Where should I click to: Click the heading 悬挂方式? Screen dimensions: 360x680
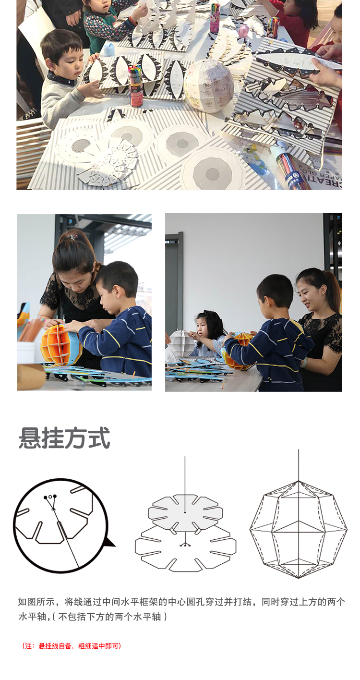[x=64, y=437]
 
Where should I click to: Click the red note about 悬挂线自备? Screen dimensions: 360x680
[x=72, y=646]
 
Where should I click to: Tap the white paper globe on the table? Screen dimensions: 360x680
[x=208, y=85]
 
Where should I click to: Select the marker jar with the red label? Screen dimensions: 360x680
[x=136, y=86]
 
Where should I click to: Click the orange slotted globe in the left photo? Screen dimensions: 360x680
[x=60, y=344]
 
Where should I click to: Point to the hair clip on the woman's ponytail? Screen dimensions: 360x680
[x=72, y=237]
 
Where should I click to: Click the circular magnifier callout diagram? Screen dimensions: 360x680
[x=60, y=525]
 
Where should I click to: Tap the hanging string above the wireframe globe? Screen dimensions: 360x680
[x=299, y=465]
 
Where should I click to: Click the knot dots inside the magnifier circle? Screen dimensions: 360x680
[x=50, y=497]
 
